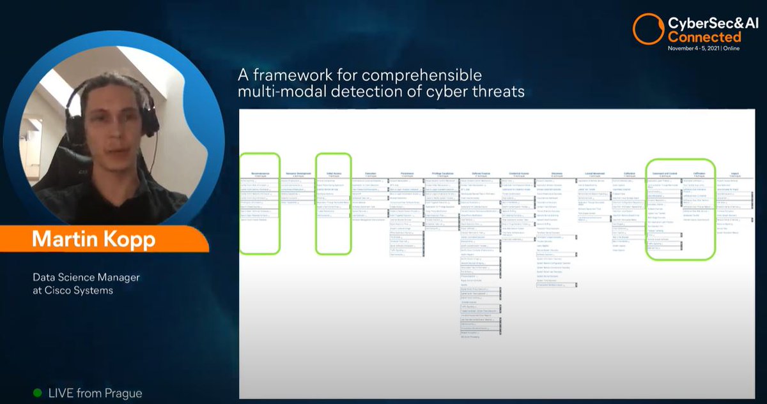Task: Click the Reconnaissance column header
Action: click(260, 174)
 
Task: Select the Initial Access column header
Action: click(333, 174)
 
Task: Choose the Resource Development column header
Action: click(295, 174)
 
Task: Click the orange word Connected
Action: click(704, 36)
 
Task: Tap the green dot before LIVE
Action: click(37, 393)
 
